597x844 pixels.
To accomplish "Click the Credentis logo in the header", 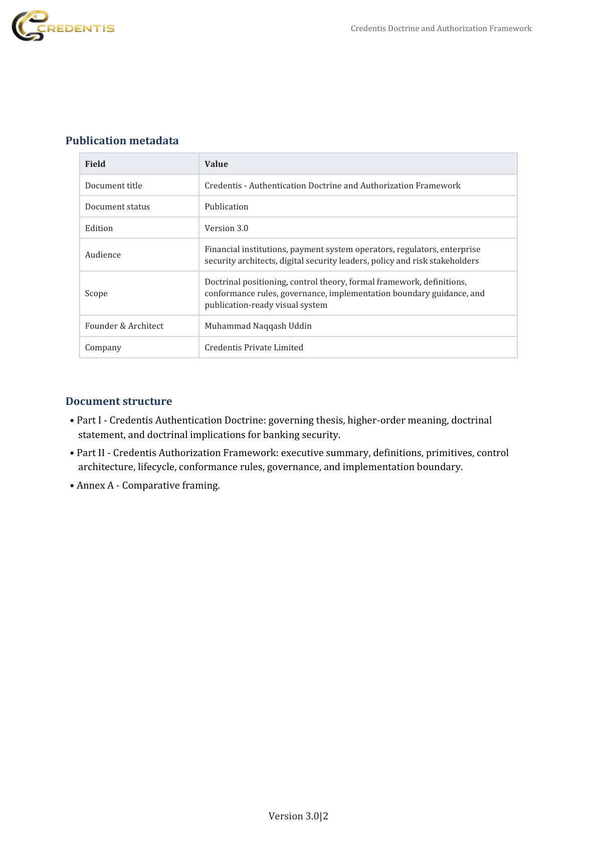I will [x=63, y=26].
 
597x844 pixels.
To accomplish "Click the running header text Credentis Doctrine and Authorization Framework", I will [x=441, y=29].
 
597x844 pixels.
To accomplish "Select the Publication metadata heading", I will [x=122, y=141].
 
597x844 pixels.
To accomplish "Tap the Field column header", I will [x=95, y=164].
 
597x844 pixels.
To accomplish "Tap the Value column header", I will [x=216, y=164].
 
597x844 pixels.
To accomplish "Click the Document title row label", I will [x=113, y=185].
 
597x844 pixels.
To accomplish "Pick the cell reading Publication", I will [x=226, y=206].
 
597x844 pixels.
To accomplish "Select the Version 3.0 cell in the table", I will [x=226, y=228].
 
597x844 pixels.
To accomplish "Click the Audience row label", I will [x=103, y=255].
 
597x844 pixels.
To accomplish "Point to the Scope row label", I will [x=96, y=293].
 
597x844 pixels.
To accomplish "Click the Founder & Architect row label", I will [x=124, y=326].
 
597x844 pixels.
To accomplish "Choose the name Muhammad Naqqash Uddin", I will [x=258, y=326].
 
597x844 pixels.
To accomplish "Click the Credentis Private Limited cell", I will [x=254, y=347].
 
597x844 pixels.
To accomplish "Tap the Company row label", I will [x=103, y=347].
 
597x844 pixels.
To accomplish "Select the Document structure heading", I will [x=119, y=401].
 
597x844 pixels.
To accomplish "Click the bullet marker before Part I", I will [x=72, y=420].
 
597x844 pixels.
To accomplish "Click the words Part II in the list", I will [x=91, y=453].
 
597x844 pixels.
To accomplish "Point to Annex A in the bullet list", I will [x=95, y=485].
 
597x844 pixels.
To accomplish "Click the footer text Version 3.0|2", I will [x=298, y=816].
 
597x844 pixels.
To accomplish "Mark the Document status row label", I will [x=117, y=206].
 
